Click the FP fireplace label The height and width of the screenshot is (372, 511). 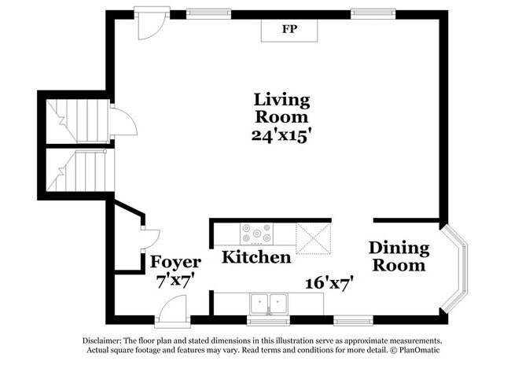tap(289, 29)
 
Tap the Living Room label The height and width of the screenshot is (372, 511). tap(281, 109)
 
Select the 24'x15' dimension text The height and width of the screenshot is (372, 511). tap(280, 135)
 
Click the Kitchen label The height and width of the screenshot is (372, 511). tap(256, 257)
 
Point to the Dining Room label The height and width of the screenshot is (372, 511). tap(399, 256)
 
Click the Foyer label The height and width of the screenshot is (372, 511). tap(175, 263)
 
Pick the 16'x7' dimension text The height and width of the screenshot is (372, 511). tap(329, 282)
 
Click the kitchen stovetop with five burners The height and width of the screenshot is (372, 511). tap(257, 234)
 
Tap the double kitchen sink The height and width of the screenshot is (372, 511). tap(269, 304)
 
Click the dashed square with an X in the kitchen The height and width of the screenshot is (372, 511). tap(313, 238)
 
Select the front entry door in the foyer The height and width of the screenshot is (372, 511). tap(172, 311)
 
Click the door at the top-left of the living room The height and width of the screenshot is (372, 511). tap(152, 24)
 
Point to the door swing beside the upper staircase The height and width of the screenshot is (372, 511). tap(123, 122)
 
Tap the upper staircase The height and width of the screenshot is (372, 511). tap(78, 121)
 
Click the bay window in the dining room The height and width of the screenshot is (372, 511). tap(454, 268)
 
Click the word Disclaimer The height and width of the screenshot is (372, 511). tap(101, 341)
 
